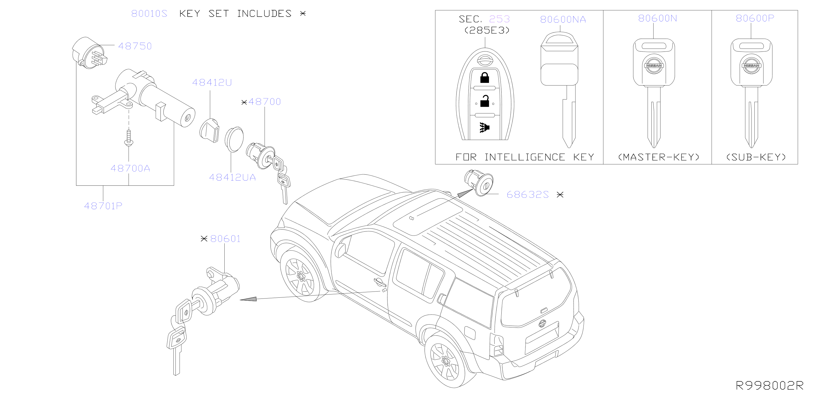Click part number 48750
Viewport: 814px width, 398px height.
click(135, 46)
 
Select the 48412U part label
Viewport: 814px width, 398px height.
click(212, 82)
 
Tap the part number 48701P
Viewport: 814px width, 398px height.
click(103, 206)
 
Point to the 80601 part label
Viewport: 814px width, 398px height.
click(225, 239)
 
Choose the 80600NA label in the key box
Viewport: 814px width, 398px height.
click(563, 20)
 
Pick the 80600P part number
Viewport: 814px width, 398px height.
click(755, 18)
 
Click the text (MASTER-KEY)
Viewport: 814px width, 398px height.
click(659, 157)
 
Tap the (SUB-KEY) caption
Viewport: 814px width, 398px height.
click(756, 157)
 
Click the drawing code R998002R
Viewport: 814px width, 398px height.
click(769, 386)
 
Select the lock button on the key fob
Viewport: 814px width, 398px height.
click(484, 78)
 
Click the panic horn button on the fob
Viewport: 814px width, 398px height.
click(484, 127)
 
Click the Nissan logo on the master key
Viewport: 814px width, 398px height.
click(654, 65)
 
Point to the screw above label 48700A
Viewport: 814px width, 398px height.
click(129, 138)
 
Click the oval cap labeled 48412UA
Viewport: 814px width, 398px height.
click(234, 139)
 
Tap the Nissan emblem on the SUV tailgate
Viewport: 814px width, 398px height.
click(542, 323)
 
